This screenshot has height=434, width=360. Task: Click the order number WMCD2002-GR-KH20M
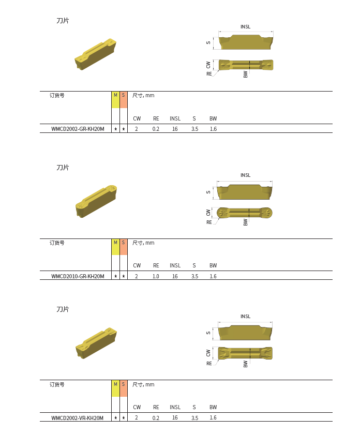(78, 129)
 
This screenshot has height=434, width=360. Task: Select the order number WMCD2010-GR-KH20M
(78, 276)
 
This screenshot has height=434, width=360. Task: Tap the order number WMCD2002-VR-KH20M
(77, 418)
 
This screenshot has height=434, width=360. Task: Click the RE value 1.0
(156, 276)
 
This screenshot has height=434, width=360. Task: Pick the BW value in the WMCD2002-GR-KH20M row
(213, 129)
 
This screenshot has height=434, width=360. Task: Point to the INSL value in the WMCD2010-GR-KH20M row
(175, 276)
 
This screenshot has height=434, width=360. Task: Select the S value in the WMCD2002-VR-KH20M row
(194, 418)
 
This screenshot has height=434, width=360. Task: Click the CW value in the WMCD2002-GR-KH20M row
(137, 129)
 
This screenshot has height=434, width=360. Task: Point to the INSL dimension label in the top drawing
(245, 27)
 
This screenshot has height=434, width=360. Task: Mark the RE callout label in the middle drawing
(209, 222)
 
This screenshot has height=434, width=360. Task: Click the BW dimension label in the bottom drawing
(246, 364)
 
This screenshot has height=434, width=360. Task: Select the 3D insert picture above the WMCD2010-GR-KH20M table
(96, 201)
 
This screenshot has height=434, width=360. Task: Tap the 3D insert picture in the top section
(95, 54)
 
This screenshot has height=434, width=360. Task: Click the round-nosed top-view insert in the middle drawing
(245, 213)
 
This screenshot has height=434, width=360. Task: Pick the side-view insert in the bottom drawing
(245, 332)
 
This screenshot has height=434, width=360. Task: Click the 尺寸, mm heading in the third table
(143, 384)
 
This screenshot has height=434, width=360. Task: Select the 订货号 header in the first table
(57, 96)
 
